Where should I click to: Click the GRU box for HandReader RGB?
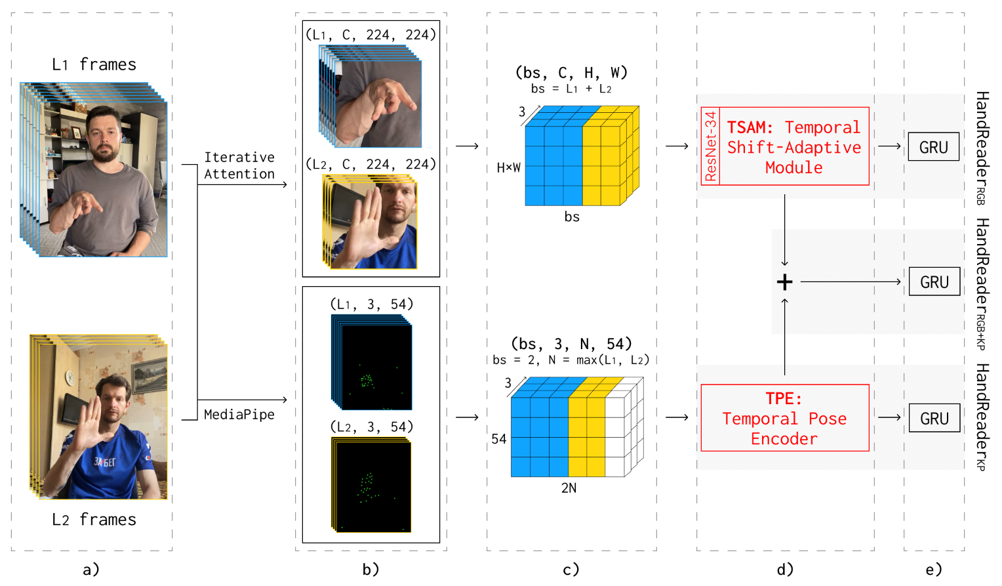pyautogui.click(x=933, y=147)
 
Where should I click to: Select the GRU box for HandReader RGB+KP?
pyautogui.click(x=934, y=282)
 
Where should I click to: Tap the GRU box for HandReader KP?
pyautogui.click(x=934, y=418)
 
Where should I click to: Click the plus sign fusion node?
pyautogui.click(x=784, y=282)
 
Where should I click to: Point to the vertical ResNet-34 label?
pyautogui.click(x=710, y=146)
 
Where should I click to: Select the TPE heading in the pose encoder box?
pyautogui.click(x=784, y=398)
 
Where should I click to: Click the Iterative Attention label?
pyautogui.click(x=239, y=165)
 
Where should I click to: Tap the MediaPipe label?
pyautogui.click(x=239, y=415)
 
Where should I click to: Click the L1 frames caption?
pyautogui.click(x=94, y=64)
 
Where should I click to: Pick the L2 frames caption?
pyautogui.click(x=94, y=520)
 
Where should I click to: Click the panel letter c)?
pyautogui.click(x=571, y=570)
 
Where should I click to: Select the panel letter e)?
pyautogui.click(x=934, y=570)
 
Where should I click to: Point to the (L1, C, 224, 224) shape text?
pyautogui.click(x=371, y=35)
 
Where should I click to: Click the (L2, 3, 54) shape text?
pyautogui.click(x=371, y=427)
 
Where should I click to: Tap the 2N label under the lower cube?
pyautogui.click(x=569, y=488)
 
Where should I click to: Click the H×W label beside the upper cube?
pyautogui.click(x=508, y=168)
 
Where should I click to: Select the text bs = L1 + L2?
pyautogui.click(x=571, y=89)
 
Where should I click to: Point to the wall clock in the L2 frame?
pyautogui.click(x=70, y=377)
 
